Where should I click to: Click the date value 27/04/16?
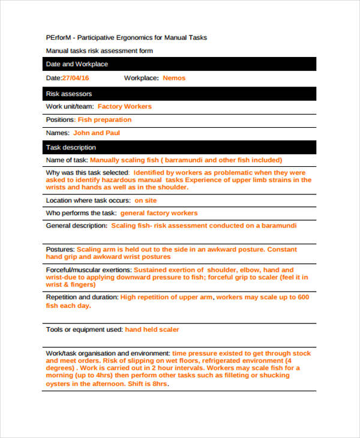click(76, 78)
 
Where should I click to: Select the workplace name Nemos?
click(174, 78)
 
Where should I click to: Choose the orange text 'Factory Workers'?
click(124, 107)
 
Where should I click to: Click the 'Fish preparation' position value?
click(104, 120)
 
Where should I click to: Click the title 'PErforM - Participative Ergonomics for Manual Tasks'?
click(127, 37)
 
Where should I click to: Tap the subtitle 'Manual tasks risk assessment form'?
click(100, 51)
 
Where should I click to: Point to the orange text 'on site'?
click(146, 200)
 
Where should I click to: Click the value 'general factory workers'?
click(158, 213)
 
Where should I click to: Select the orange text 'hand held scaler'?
click(152, 329)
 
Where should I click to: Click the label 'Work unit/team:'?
click(69, 107)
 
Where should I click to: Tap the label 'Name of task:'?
click(67, 160)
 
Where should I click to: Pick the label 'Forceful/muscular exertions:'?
click(89, 270)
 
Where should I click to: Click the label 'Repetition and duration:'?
click(82, 297)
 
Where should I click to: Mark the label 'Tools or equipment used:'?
click(84, 329)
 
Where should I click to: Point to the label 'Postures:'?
click(60, 249)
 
